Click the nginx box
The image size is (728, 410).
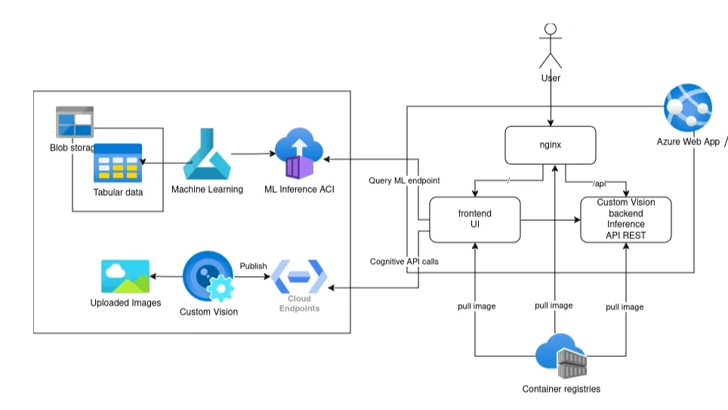tap(550, 144)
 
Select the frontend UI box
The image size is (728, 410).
tap(474, 219)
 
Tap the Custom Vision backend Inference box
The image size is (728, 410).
tap(625, 219)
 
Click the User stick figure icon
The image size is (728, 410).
tap(551, 45)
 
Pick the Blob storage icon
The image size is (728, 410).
tap(75, 122)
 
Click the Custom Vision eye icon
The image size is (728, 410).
tap(208, 278)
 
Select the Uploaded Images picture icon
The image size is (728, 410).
tap(125, 276)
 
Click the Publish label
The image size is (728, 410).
tap(253, 266)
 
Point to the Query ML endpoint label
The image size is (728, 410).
tap(404, 181)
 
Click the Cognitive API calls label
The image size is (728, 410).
tap(404, 261)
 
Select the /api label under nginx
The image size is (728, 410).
tap(599, 184)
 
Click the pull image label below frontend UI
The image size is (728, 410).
tap(477, 306)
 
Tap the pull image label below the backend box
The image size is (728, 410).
tap(625, 307)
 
